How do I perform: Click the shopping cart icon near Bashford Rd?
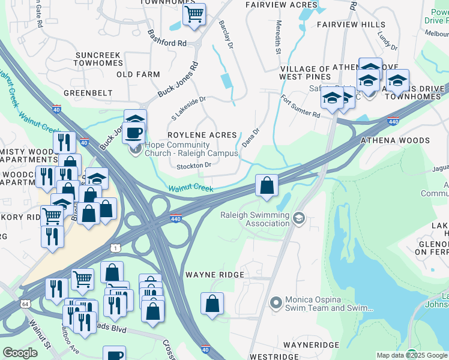coord(194,14)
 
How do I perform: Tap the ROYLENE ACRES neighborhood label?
coord(202,135)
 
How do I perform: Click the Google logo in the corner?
coord(20,353)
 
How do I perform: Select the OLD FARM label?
coord(138,74)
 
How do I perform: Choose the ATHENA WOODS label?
coord(394,140)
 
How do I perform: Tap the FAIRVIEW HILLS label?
coord(351,25)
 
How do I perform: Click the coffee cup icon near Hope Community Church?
coord(133,132)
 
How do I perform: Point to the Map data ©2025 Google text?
coord(412,355)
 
